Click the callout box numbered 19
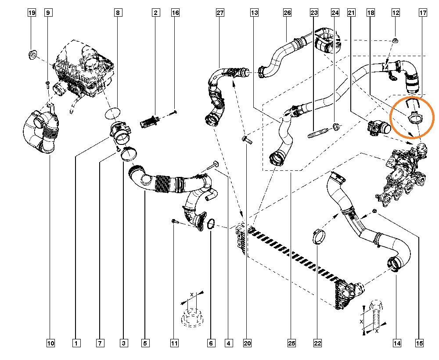(x=32, y=13)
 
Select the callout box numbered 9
(x=48, y=13)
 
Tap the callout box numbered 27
(x=220, y=13)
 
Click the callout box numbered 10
(x=50, y=343)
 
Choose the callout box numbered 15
(x=419, y=343)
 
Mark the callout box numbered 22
(x=317, y=343)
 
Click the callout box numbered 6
(x=211, y=343)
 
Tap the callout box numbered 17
(x=423, y=13)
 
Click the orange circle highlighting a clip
(x=413, y=117)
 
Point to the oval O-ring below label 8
(x=113, y=113)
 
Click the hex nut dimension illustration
(x=190, y=313)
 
